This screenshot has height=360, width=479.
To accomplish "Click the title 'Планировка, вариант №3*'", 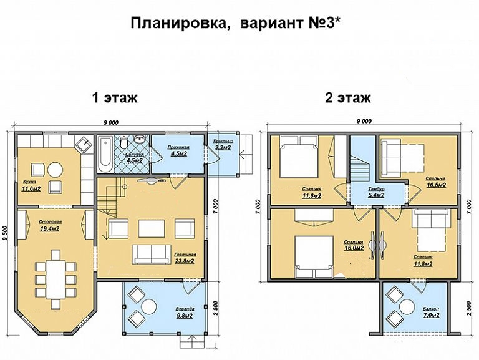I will coord(239,23).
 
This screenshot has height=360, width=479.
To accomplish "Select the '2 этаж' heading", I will coord(347,98).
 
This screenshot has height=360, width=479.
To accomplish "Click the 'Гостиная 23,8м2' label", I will coord(185,258).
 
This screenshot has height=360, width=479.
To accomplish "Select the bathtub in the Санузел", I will coord(105,152).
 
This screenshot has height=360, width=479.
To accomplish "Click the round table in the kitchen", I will coord(56,170).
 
